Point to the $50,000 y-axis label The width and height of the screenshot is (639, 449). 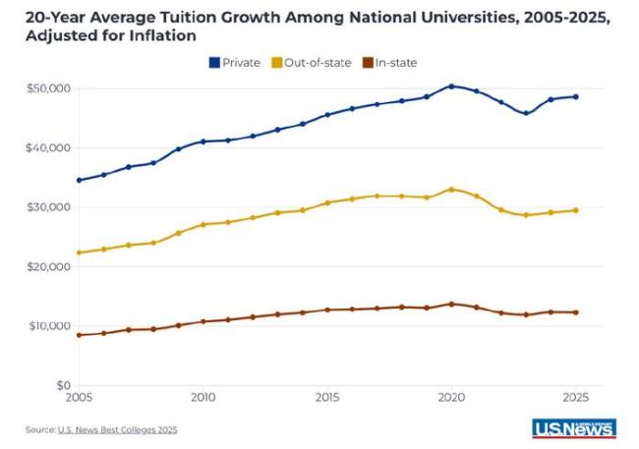(47, 88)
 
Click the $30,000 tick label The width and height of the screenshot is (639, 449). (47, 207)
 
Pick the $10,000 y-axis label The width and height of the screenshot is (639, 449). (47, 326)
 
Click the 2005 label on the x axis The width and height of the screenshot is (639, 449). (79, 398)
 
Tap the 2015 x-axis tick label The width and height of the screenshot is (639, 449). (327, 398)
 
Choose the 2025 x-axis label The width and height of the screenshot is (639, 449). (576, 398)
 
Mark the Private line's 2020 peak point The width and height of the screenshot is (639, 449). (451, 85)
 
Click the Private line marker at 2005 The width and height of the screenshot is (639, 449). (79, 180)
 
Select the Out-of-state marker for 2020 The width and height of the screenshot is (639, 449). (451, 190)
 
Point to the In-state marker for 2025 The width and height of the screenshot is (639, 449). (576, 312)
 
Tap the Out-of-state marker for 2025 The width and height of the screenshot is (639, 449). (576, 210)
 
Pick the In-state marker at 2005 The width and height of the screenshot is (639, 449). (79, 335)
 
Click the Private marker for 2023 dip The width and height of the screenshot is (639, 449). (526, 113)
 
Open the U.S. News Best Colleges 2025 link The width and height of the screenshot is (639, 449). (119, 429)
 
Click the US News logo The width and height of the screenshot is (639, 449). (573, 427)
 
